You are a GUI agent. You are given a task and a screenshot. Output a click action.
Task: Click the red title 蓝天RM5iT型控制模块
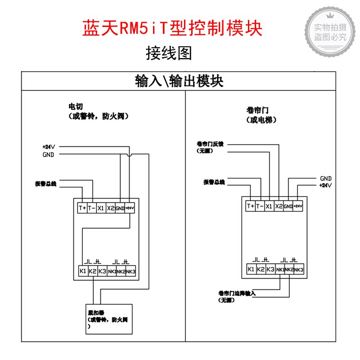point(172,28)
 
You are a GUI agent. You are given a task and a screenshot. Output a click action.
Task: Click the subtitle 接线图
point(169,53)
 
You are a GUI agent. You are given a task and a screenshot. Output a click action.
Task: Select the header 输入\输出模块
point(179,81)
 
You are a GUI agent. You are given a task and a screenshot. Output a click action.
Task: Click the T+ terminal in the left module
point(82,208)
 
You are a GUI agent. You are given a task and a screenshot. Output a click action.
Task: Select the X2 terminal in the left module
point(110,208)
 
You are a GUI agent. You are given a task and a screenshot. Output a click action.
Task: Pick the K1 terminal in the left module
point(82,271)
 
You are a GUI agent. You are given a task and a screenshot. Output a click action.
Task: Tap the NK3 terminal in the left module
point(130,271)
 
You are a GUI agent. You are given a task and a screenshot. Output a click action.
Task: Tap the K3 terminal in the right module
point(270,269)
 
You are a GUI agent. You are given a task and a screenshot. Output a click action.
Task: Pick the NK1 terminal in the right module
point(280,270)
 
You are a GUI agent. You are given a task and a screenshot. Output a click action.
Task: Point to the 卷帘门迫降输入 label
point(237,293)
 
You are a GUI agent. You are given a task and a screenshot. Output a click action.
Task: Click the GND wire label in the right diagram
point(326,178)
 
